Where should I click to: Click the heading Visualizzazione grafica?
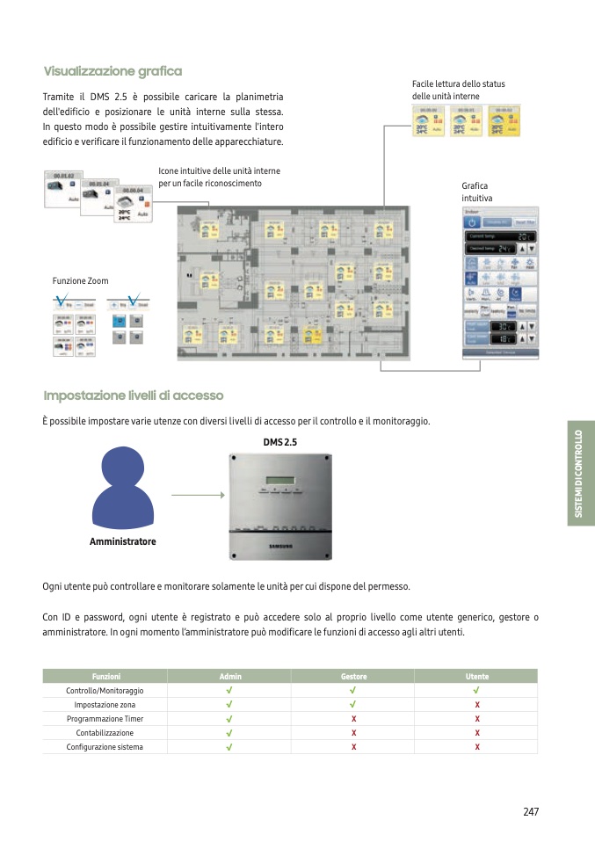(112, 71)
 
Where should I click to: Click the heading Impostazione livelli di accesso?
(133, 396)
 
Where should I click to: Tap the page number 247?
(530, 811)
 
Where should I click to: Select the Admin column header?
(229, 677)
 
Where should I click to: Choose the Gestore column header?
(353, 677)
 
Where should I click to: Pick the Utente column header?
(477, 677)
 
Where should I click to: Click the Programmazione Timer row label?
(105, 719)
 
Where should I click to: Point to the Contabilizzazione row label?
(105, 733)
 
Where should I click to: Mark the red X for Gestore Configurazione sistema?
(353, 747)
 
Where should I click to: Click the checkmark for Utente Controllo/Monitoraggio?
(477, 691)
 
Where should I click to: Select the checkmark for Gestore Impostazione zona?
(353, 705)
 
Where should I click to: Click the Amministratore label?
(122, 541)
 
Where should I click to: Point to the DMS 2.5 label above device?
(280, 442)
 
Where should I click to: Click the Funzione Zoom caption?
(81, 281)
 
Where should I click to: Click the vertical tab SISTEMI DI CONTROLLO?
(579, 474)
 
